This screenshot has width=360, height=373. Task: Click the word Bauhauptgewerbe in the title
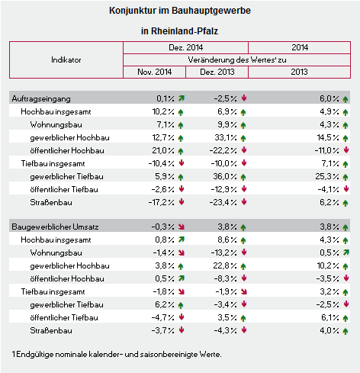211,11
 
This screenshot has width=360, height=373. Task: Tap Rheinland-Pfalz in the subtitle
185,31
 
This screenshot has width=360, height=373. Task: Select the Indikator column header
66,59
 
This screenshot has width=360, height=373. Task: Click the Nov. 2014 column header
155,72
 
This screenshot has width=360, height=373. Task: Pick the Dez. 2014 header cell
186,47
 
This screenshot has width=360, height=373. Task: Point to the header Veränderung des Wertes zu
237,59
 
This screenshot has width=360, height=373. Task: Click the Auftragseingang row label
41,98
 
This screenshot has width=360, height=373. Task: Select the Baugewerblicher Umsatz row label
55,227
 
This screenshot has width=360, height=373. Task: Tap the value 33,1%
226,137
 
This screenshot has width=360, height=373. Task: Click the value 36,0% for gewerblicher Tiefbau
225,176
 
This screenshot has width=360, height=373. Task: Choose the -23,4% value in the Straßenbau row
223,202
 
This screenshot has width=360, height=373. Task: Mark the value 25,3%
327,176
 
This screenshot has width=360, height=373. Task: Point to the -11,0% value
327,150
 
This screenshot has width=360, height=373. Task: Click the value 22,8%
225,265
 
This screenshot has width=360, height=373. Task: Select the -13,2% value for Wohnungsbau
224,252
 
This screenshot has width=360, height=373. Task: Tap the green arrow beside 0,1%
182,98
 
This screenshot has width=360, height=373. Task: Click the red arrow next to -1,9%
244,291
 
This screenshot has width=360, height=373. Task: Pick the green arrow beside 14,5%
346,138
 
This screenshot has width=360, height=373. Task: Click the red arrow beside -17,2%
182,202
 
